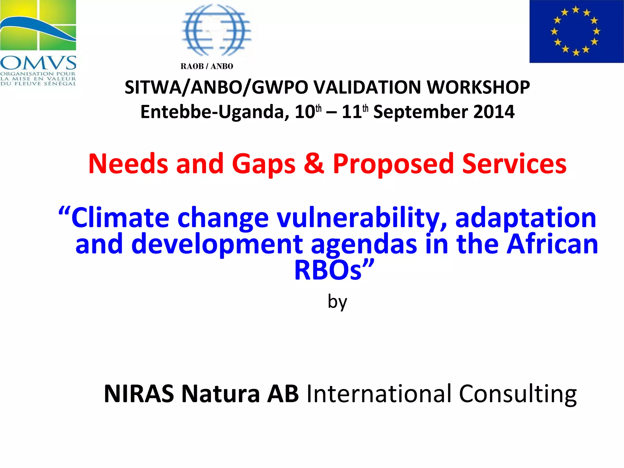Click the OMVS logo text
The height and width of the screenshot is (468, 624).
click(38, 63)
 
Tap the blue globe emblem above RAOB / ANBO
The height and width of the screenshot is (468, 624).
click(216, 30)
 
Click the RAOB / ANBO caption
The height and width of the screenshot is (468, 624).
click(207, 66)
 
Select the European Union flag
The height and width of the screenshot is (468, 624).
click(576, 31)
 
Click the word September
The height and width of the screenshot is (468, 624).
click(420, 112)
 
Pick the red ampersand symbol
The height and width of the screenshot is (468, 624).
click(314, 164)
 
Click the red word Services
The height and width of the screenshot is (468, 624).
click(514, 164)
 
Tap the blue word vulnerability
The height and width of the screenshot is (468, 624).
click(362, 218)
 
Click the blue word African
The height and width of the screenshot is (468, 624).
click(552, 244)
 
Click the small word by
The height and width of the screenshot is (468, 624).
click(337, 302)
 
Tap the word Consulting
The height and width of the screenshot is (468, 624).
click(518, 394)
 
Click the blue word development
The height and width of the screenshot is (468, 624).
click(217, 244)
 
